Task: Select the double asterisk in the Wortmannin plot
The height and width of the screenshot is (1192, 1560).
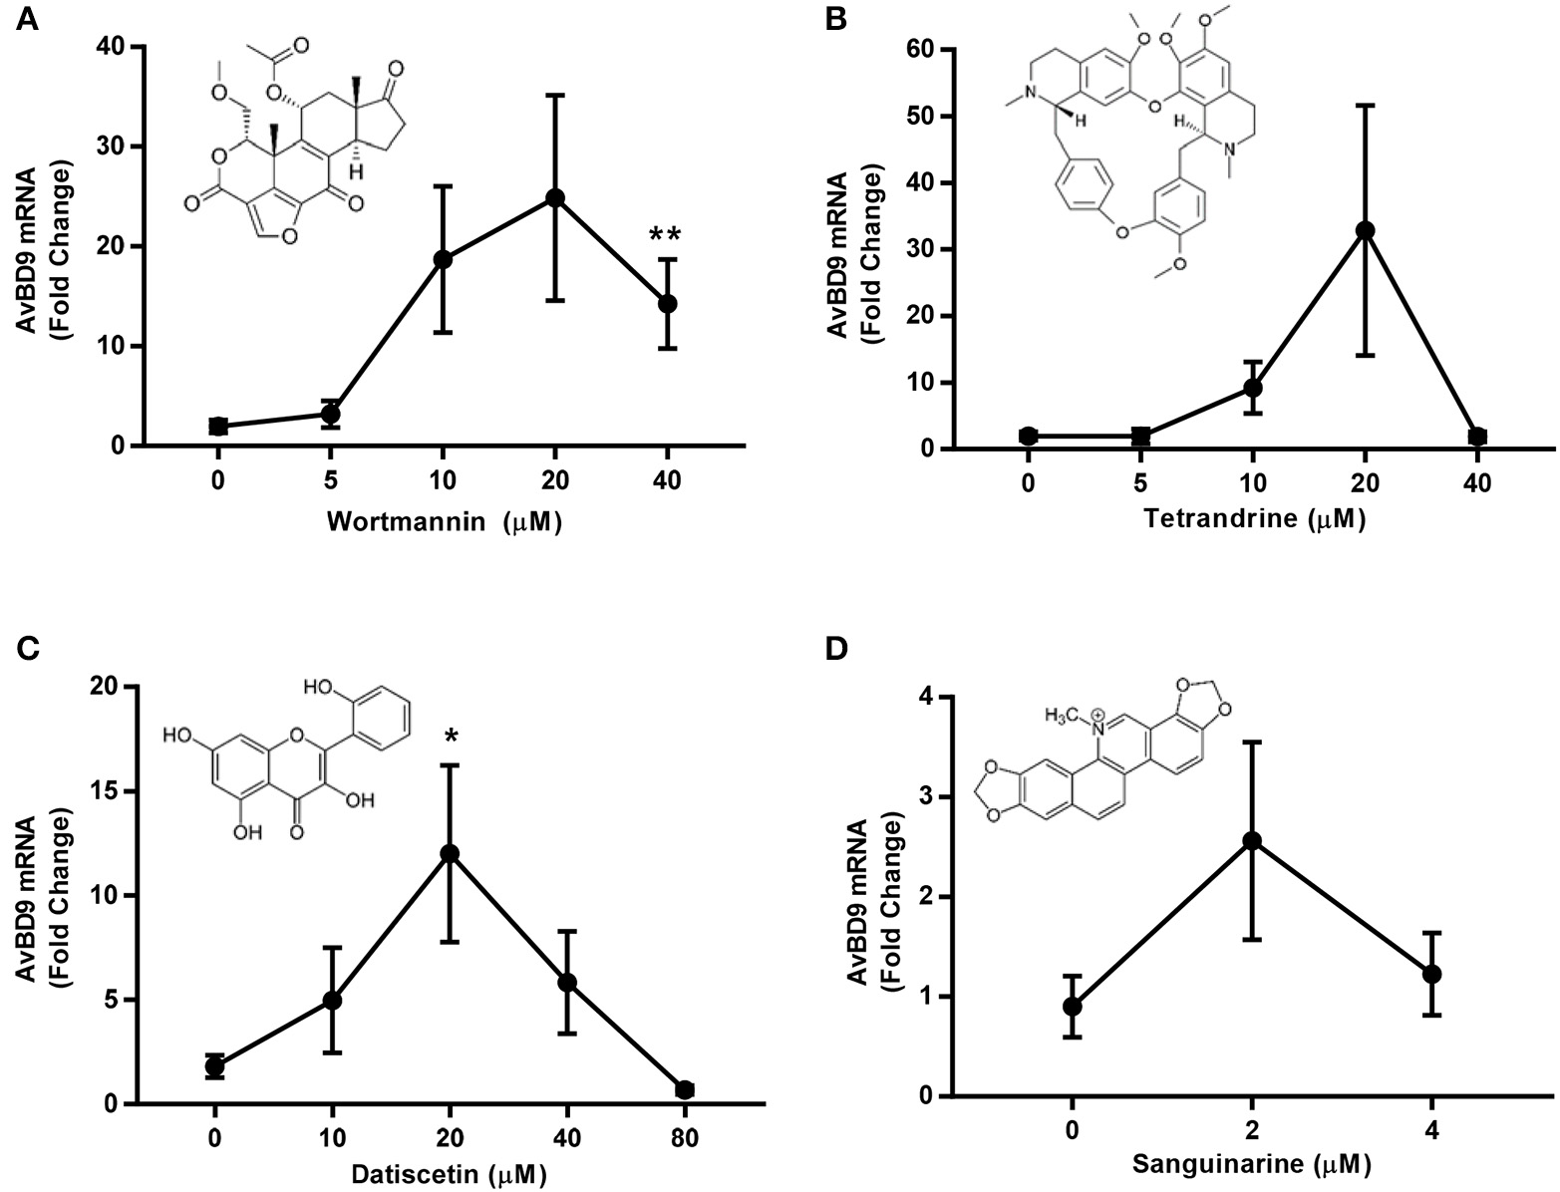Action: pos(666,236)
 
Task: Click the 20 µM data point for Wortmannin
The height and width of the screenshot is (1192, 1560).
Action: pos(555,197)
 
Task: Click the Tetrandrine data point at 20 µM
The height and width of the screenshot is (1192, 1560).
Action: pos(1366,230)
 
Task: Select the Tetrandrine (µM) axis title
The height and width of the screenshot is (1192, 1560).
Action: pos(1254,519)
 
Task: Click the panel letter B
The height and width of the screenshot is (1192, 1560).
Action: pos(835,19)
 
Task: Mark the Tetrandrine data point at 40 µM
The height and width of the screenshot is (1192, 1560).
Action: pos(1478,437)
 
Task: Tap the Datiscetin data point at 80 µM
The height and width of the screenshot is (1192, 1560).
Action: pos(685,1089)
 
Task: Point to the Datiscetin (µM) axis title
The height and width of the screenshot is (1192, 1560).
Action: pos(450,1176)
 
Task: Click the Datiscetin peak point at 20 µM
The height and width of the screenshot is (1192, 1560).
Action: pos(451,853)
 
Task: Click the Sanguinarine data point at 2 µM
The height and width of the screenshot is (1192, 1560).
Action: pos(1252,841)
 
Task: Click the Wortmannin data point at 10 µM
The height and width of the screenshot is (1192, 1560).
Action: pos(443,259)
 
